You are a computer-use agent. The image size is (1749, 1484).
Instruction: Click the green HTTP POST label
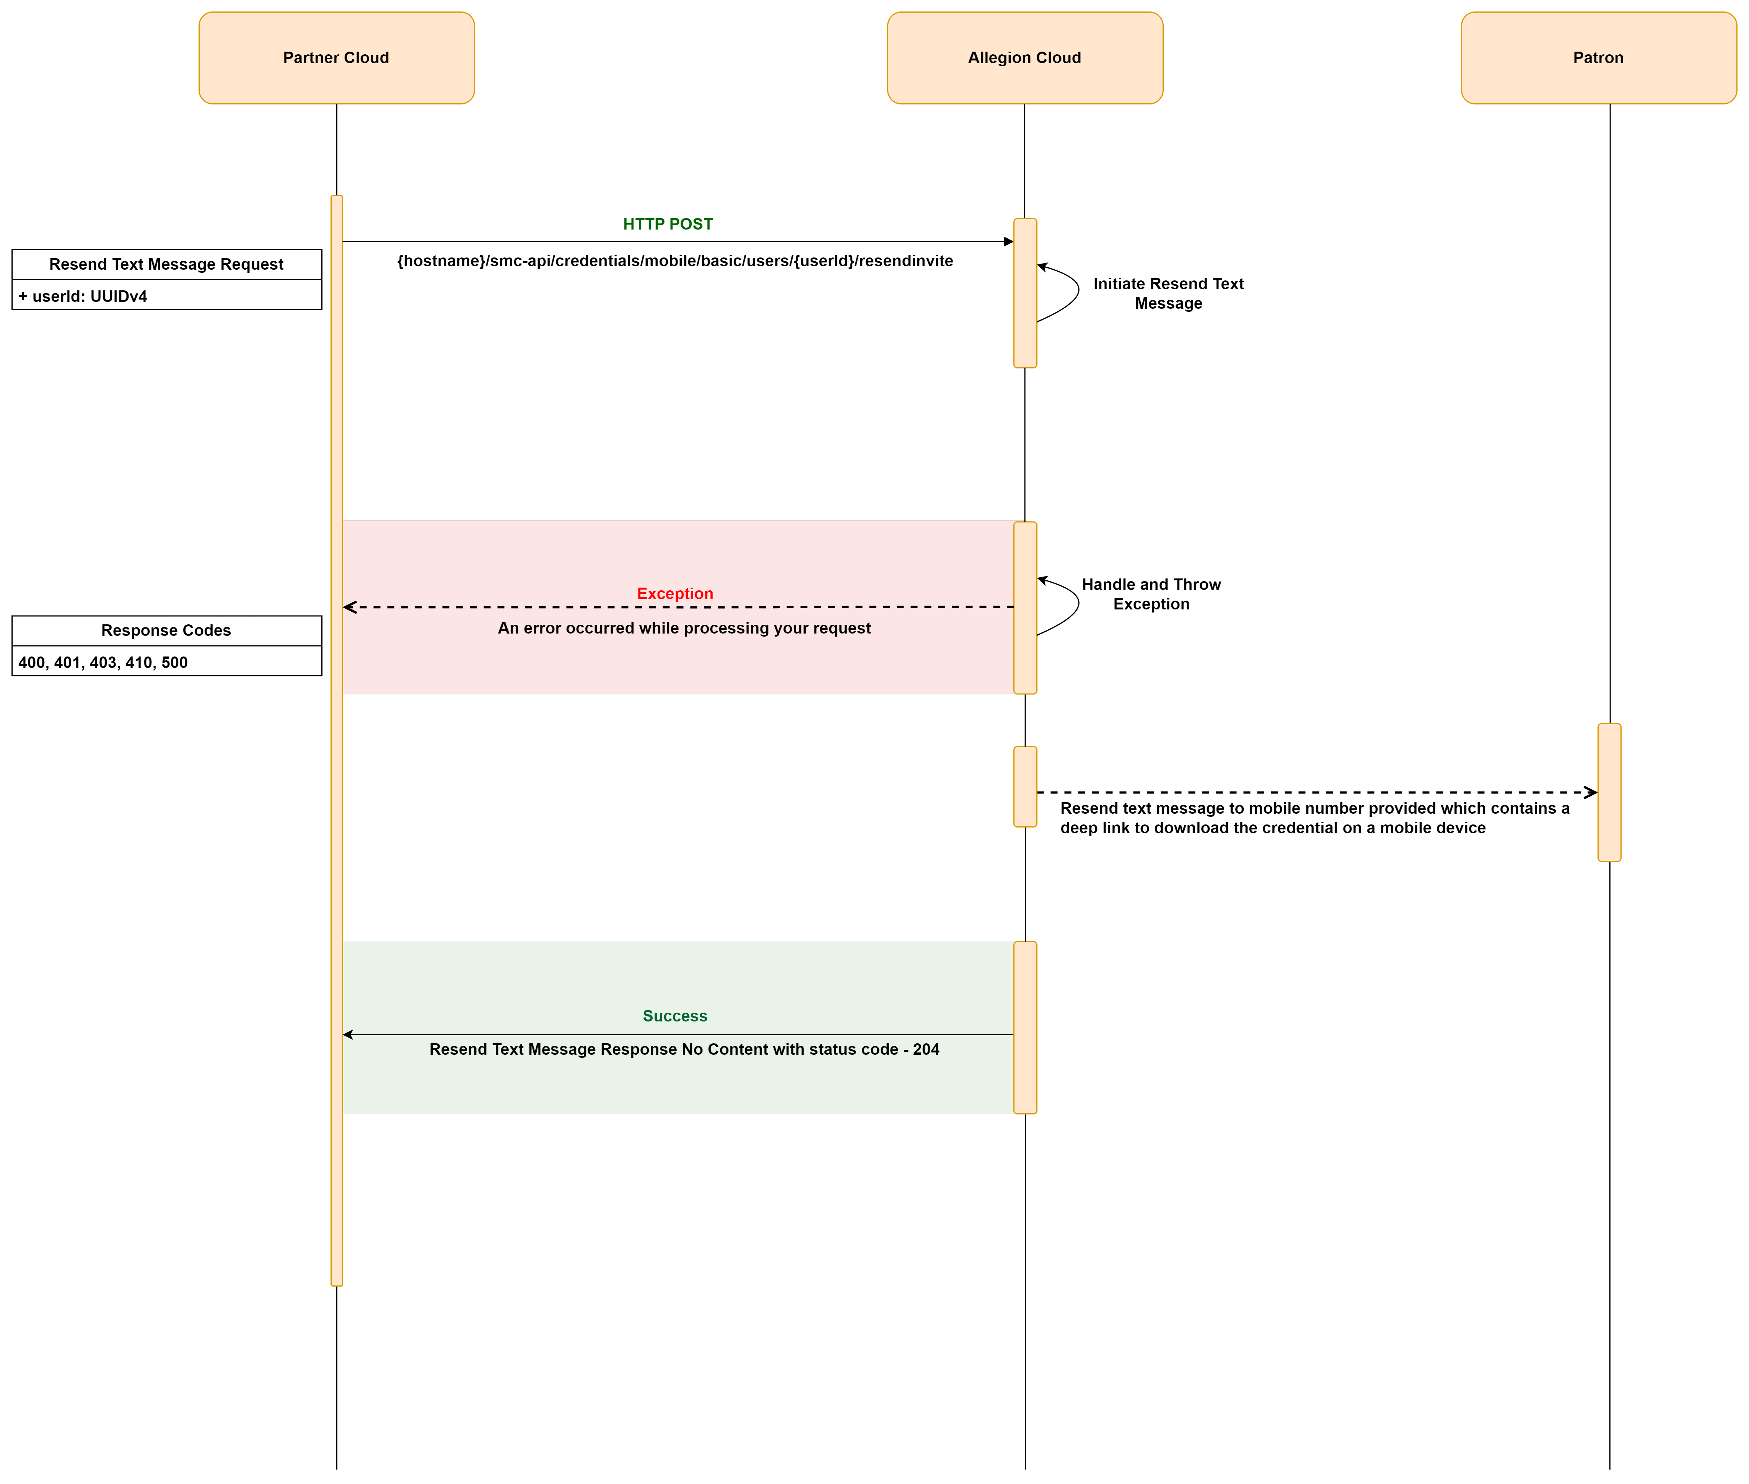(668, 224)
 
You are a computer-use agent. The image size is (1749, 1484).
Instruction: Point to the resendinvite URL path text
(675, 261)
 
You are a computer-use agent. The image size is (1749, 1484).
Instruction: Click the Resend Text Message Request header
(166, 264)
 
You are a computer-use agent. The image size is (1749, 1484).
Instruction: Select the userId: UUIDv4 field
(166, 295)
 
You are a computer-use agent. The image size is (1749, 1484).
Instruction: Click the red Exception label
(675, 593)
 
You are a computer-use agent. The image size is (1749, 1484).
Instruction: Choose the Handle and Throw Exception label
(1151, 594)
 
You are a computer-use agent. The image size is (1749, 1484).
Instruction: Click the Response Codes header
(166, 630)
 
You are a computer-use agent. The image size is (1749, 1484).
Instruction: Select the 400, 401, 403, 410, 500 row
(166, 661)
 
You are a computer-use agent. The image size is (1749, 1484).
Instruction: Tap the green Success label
(675, 1015)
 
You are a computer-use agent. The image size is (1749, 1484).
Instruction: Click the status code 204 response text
(684, 1049)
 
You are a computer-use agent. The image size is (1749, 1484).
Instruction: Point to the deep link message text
(1314, 818)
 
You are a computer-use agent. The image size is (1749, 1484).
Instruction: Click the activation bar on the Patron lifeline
(1609, 792)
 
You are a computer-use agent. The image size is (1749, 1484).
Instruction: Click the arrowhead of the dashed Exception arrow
(349, 606)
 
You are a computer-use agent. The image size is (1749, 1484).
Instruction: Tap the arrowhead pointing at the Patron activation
(1591, 792)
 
